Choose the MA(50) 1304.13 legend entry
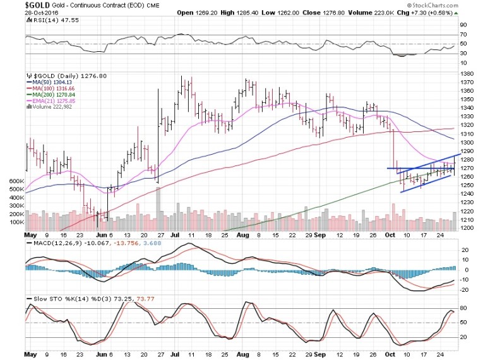click(54, 81)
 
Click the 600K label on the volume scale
click(13, 181)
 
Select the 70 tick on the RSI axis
click(463, 34)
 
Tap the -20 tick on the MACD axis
click(464, 290)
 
